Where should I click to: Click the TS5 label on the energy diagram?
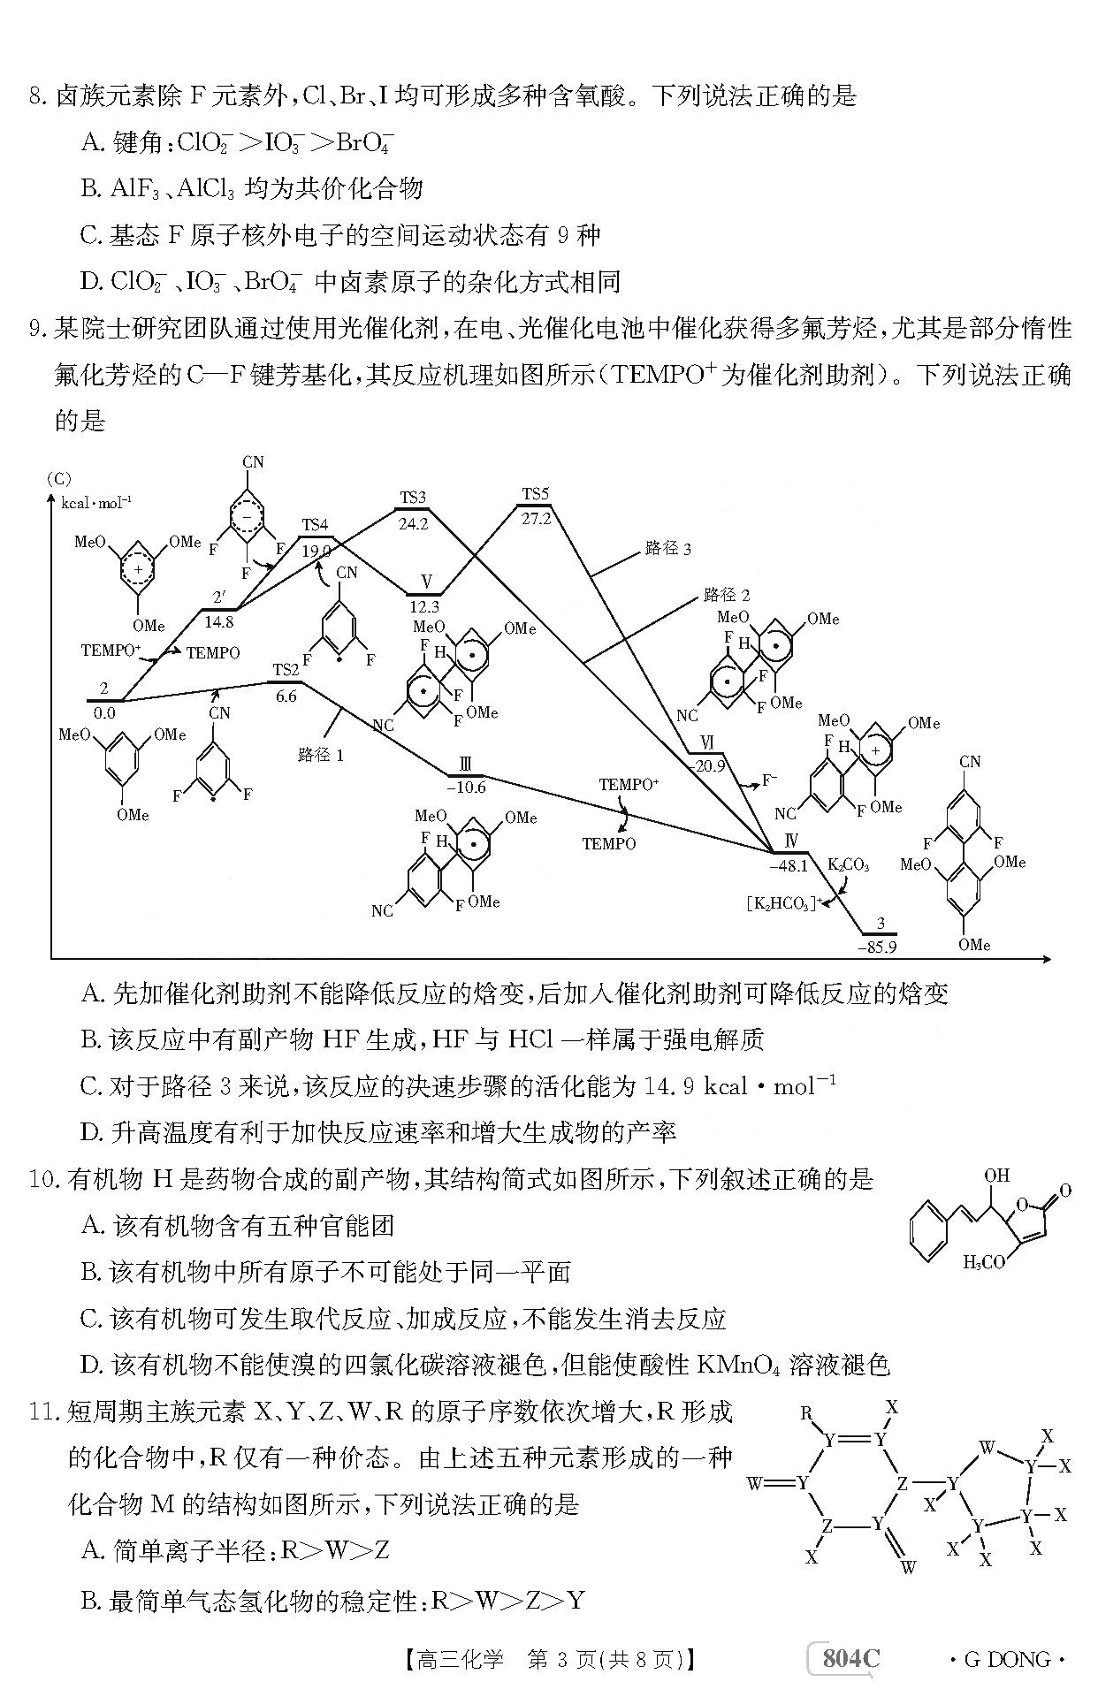click(536, 494)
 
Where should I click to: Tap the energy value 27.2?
click(537, 519)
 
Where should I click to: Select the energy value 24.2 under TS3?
click(413, 523)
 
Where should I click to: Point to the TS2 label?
click(286, 670)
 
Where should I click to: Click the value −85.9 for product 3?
click(877, 947)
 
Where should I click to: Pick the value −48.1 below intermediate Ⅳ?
click(789, 866)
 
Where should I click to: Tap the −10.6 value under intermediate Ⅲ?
click(467, 788)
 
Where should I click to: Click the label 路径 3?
click(668, 549)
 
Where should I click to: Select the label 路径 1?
click(321, 755)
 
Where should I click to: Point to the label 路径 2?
click(727, 595)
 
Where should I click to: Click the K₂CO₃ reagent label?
click(849, 864)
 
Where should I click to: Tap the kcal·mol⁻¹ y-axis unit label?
click(96, 503)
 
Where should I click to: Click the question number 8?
click(37, 95)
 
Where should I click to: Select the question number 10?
click(44, 1179)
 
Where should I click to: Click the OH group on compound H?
click(996, 1176)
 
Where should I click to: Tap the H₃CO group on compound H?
click(984, 1262)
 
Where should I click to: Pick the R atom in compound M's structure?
click(806, 1413)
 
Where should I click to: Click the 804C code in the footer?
click(851, 1659)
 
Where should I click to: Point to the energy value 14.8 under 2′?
click(218, 621)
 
